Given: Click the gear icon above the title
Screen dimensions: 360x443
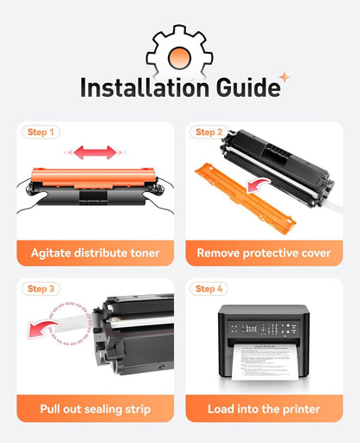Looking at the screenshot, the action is tap(179, 41).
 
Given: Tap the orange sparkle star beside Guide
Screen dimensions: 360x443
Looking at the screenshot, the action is tap(285, 77).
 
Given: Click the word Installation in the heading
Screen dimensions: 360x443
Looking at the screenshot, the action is tap(145, 87).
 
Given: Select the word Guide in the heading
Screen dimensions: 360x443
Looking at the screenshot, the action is tap(248, 87).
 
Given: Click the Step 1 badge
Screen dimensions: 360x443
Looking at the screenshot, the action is tap(41, 132).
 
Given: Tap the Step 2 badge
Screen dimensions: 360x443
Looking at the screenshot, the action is tap(209, 132).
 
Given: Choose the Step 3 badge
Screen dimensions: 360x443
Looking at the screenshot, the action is tap(41, 289).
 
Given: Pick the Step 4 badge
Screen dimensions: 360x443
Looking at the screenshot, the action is tap(209, 289).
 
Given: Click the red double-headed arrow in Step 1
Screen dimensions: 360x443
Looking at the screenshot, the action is tap(95, 152).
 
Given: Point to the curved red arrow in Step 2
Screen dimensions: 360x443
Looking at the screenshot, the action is tap(258, 184).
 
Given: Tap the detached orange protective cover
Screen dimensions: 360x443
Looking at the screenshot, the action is tap(245, 198).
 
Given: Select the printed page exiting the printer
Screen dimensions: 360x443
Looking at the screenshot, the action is tap(265, 362).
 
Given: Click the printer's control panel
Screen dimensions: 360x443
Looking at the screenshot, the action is tap(263, 329).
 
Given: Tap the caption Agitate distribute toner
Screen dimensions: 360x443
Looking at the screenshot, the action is tap(95, 253).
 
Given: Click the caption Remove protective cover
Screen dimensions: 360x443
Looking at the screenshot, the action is tap(264, 253).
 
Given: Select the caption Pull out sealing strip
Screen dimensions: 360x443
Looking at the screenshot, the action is tap(95, 409).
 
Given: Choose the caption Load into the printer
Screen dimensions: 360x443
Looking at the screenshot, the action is tap(264, 409).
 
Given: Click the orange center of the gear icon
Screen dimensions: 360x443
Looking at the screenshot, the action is tap(179, 58).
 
